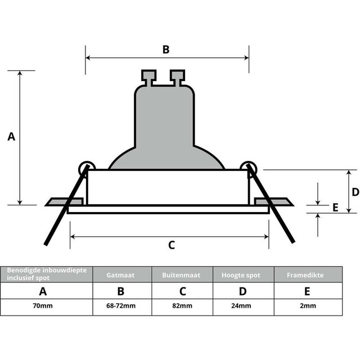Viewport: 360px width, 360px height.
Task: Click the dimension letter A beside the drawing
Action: click(11, 137)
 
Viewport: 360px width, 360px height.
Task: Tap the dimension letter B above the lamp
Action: click(166, 49)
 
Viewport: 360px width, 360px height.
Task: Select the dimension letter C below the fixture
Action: click(172, 245)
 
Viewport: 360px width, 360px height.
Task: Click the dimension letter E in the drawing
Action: click(335, 208)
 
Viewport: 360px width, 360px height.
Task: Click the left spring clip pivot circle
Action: click(86, 167)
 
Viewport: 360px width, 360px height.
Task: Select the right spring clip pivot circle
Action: click(248, 167)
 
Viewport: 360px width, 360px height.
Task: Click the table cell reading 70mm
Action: click(43, 307)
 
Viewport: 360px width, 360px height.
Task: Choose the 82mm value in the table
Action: click(182, 307)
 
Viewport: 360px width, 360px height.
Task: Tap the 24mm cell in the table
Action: click(242, 307)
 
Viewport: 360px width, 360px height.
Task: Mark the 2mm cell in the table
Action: click(307, 307)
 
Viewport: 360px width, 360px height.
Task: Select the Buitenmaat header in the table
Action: click(182, 274)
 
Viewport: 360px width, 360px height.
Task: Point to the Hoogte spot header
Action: click(242, 274)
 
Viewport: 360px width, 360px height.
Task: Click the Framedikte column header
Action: click(307, 274)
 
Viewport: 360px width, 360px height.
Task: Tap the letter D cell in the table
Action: click(242, 291)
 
